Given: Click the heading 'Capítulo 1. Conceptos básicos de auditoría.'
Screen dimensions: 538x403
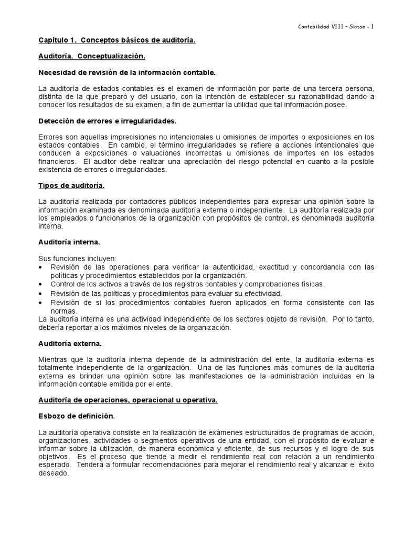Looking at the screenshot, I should click(x=117, y=40).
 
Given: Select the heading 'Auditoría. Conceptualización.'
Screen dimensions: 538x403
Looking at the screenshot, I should click(x=92, y=56).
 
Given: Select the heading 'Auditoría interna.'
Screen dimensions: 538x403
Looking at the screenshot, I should click(x=69, y=242).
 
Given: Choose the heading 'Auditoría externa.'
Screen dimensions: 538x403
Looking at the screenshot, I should click(x=70, y=343).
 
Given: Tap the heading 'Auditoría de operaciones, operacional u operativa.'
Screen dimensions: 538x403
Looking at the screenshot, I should click(x=128, y=400).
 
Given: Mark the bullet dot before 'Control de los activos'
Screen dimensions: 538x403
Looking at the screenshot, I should click(x=42, y=284).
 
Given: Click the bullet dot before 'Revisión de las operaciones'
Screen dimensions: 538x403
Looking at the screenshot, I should click(x=42, y=267).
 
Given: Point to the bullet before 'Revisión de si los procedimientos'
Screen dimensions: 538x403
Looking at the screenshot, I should click(x=42, y=303).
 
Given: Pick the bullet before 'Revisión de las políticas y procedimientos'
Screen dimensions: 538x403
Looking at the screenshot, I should click(x=42, y=294).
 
